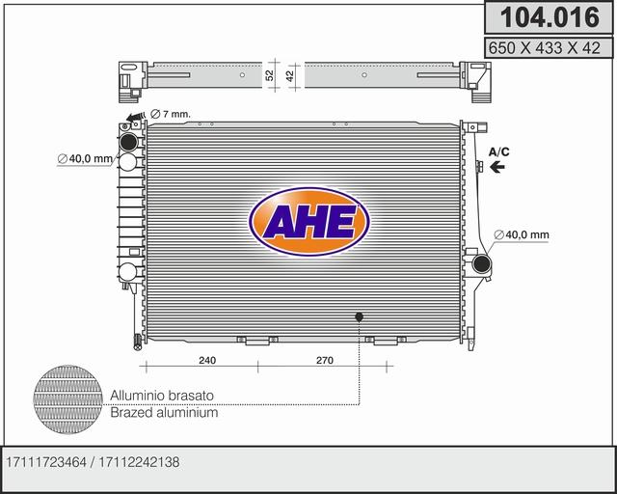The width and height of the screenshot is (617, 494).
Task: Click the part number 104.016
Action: (x=546, y=16)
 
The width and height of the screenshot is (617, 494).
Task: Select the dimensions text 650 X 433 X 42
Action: (x=546, y=45)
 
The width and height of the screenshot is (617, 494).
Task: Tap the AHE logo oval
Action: (x=308, y=224)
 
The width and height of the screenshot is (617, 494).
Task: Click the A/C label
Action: (x=498, y=151)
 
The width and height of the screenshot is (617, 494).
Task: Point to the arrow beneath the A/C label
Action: (x=497, y=167)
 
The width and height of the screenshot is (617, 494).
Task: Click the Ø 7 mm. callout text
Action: (x=171, y=115)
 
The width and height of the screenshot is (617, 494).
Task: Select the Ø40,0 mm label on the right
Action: (x=522, y=234)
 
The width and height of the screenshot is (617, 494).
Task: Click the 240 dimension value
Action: (x=206, y=360)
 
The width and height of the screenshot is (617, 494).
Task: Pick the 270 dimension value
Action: (x=324, y=360)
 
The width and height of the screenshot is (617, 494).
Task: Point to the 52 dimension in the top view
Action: (x=271, y=73)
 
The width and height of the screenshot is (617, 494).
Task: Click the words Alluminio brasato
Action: (x=161, y=396)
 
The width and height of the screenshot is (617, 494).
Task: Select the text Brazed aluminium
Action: (x=163, y=412)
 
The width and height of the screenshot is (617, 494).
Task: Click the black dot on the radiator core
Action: (x=360, y=316)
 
